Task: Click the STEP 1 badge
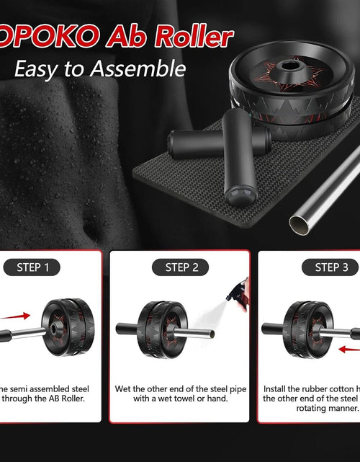33,267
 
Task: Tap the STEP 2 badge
181,267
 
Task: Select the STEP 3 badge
331,267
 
